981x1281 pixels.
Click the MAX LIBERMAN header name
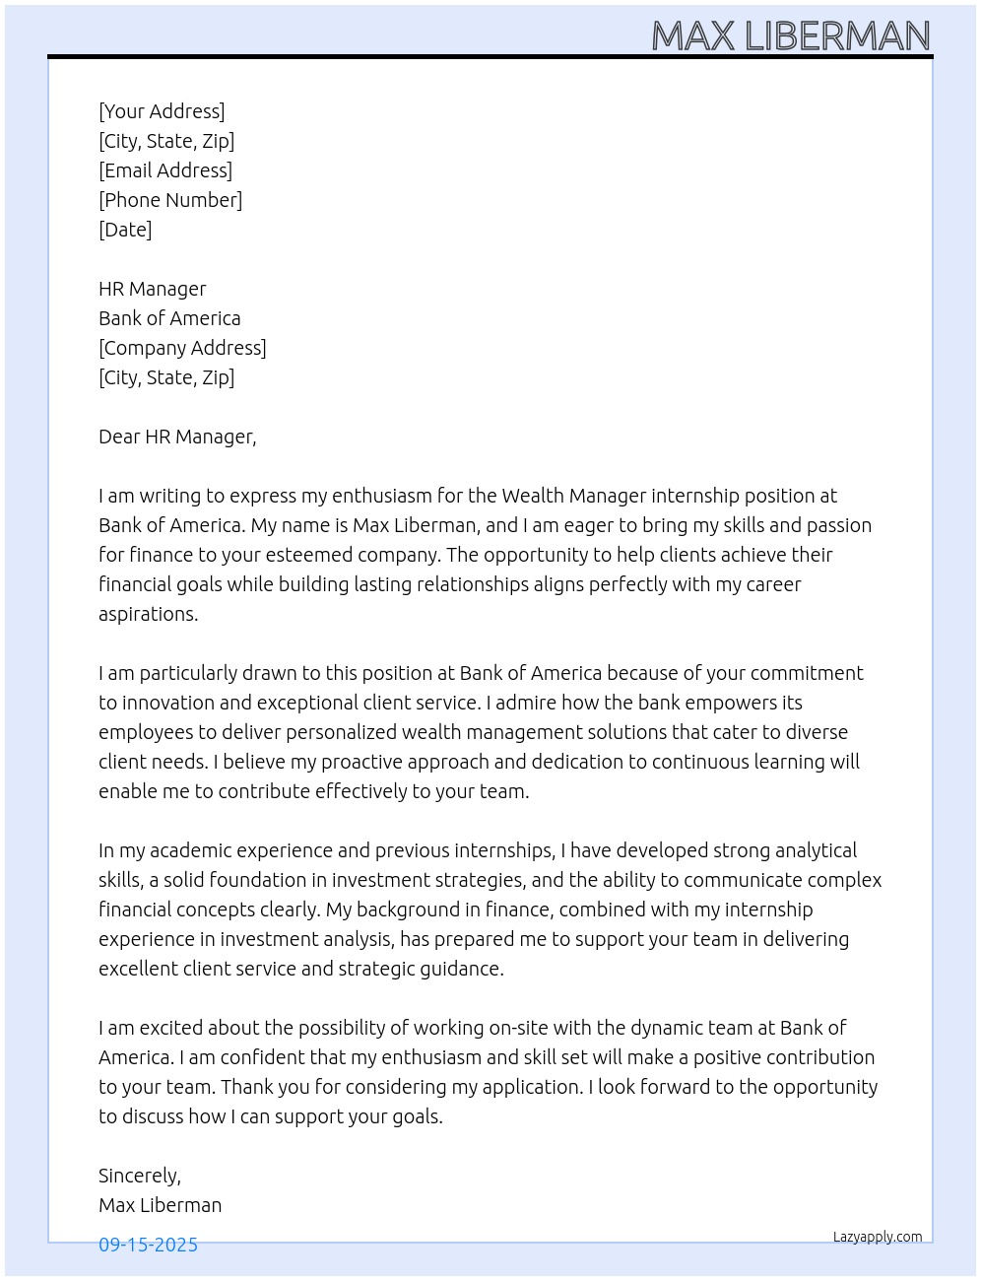tap(791, 36)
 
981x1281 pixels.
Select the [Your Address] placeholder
tap(162, 111)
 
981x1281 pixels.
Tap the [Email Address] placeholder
tap(165, 170)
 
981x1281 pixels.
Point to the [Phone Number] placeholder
tap(170, 200)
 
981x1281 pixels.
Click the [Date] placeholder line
tap(125, 230)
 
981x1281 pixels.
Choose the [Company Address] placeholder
tap(182, 348)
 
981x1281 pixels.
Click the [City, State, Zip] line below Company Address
tap(166, 377)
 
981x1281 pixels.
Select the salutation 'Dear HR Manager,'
tap(177, 437)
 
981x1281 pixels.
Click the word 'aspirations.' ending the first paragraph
tap(149, 614)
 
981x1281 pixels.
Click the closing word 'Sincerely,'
tap(140, 1176)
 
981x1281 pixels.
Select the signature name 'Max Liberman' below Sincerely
tap(160, 1205)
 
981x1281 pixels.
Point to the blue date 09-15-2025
tap(148, 1245)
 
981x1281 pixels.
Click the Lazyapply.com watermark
tap(878, 1237)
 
